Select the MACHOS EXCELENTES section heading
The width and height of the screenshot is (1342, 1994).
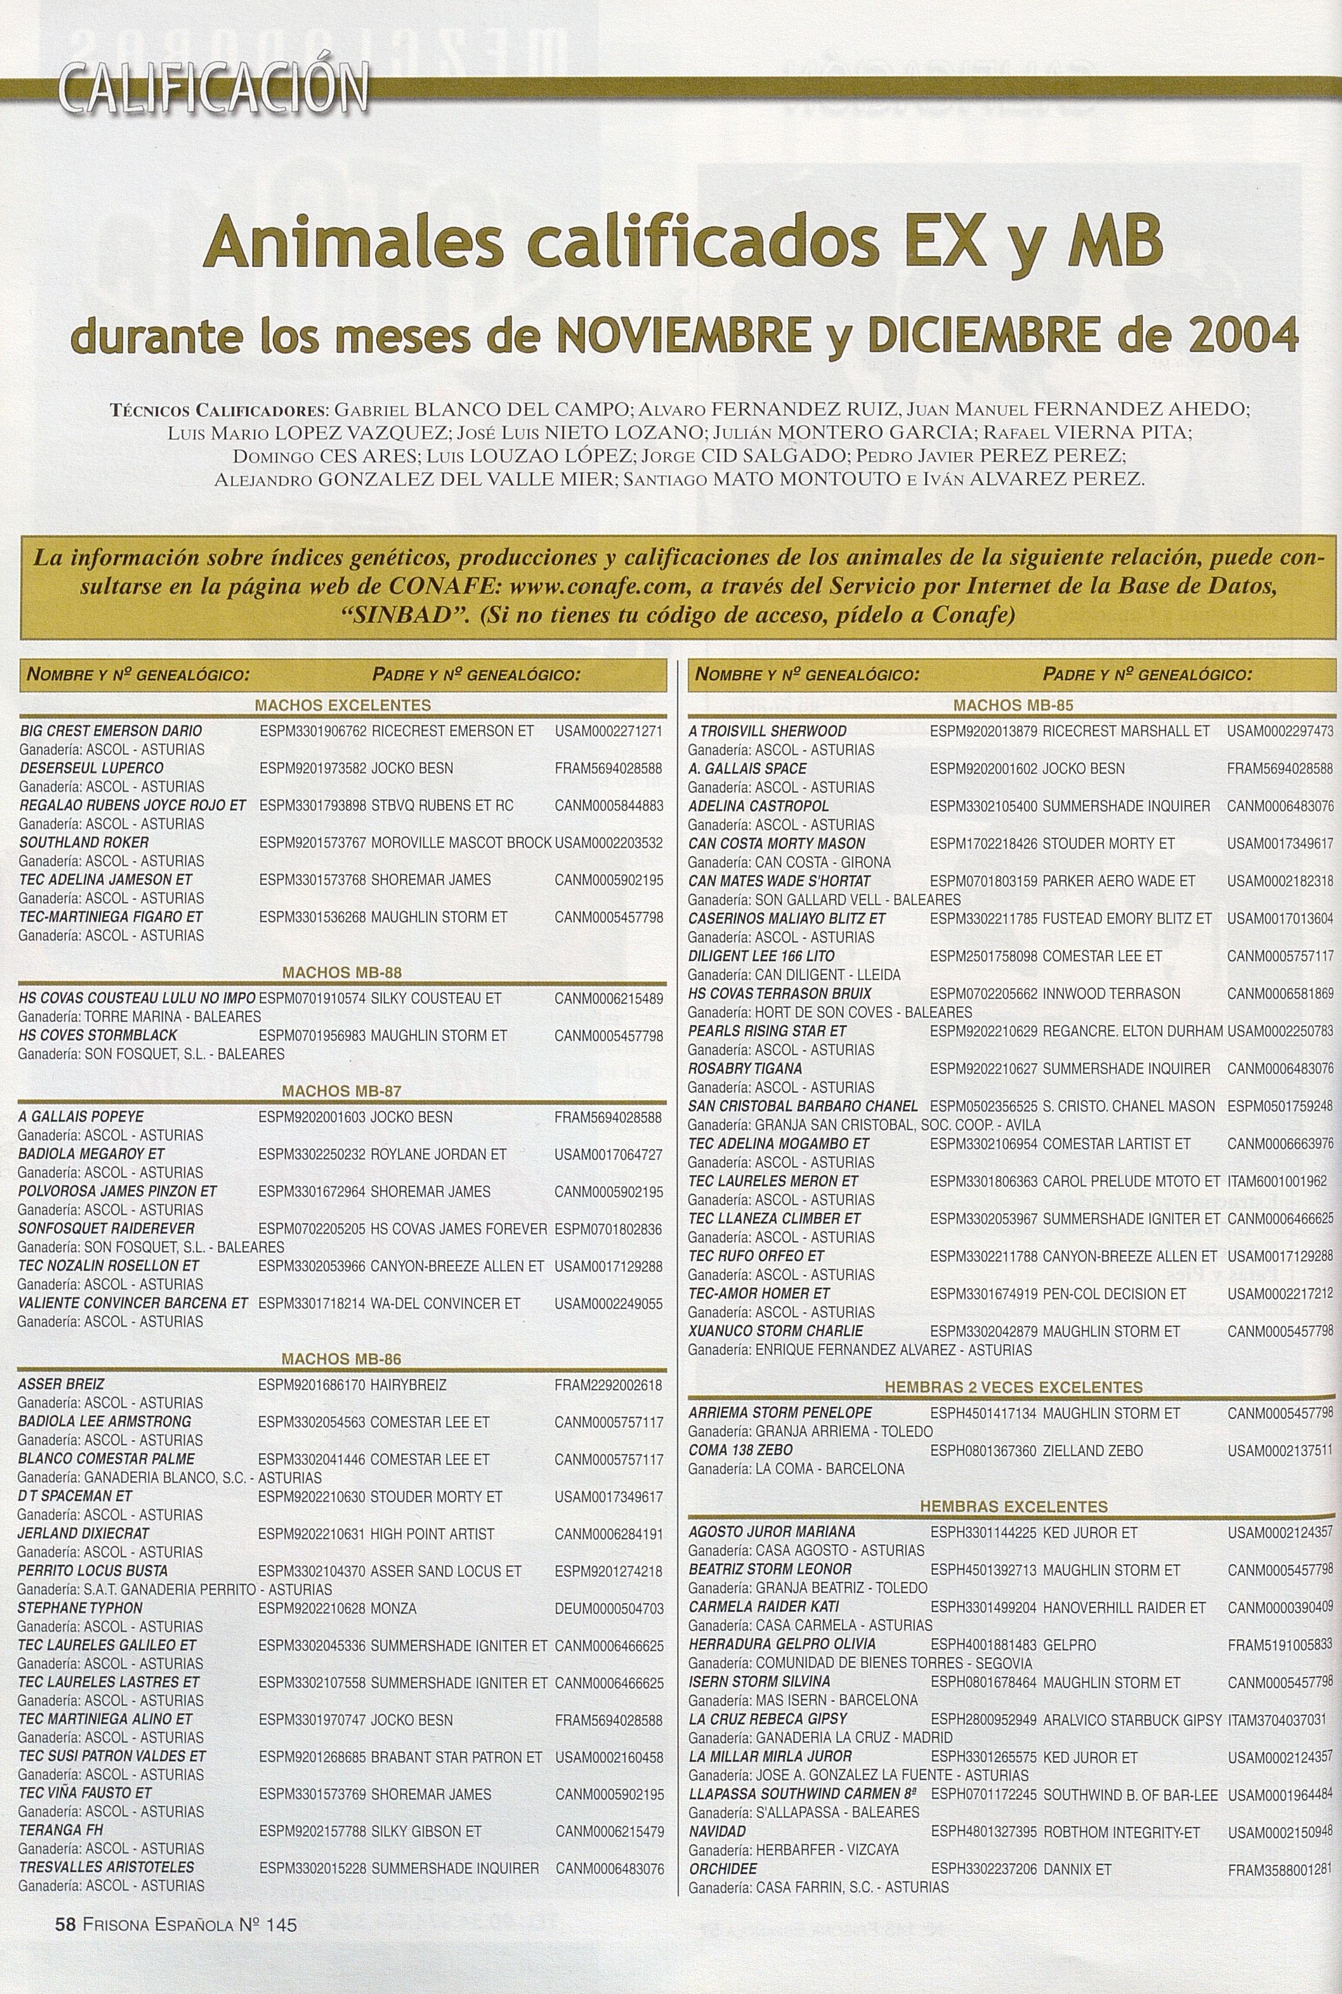[342, 705]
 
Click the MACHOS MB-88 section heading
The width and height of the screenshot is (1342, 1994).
[342, 972]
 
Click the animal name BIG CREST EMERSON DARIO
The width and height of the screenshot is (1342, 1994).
[110, 731]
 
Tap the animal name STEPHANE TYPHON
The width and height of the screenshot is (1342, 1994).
[80, 1607]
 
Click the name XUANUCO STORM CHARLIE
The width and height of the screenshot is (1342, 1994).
[775, 1331]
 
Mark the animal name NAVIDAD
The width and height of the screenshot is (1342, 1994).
[717, 1831]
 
